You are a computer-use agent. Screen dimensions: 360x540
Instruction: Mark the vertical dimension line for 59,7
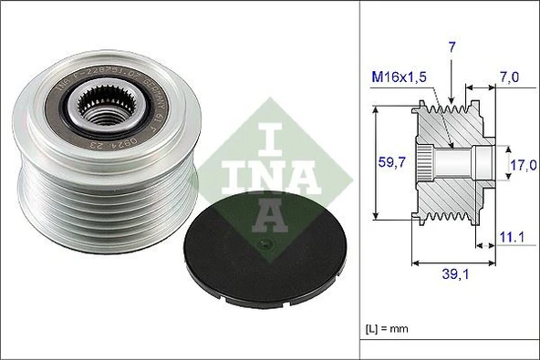(x=377, y=164)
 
